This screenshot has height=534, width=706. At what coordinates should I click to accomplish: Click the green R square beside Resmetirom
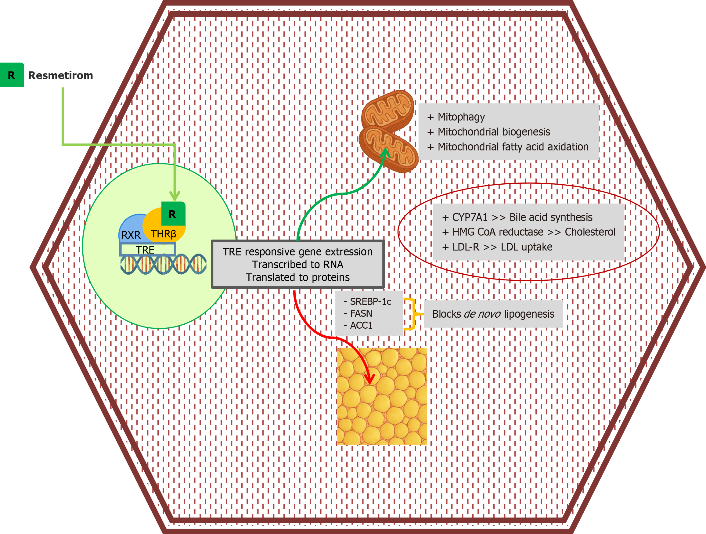(12, 75)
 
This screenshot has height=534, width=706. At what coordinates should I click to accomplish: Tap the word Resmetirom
(61, 75)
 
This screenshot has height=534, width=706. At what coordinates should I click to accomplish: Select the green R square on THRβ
(173, 214)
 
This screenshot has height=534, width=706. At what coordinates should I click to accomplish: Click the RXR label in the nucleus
(131, 235)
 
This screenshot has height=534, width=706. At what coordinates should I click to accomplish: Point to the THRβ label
(163, 234)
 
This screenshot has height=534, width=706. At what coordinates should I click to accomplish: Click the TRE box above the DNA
(147, 249)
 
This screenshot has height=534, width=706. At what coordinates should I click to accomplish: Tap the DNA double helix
(164, 264)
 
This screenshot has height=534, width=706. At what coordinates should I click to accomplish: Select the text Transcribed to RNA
(297, 265)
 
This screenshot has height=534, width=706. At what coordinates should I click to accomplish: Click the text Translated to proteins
(297, 277)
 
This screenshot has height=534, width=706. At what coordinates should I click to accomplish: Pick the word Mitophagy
(461, 117)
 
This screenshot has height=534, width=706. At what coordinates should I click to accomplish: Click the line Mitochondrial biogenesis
(494, 132)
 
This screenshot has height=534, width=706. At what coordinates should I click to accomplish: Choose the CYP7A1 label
(470, 217)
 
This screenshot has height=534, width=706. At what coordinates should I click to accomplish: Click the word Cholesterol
(590, 232)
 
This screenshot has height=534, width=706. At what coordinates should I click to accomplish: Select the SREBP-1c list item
(370, 301)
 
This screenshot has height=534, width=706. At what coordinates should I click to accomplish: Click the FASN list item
(361, 313)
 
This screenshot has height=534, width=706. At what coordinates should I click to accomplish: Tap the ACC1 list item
(361, 325)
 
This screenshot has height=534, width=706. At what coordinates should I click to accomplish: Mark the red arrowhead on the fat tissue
(369, 380)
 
